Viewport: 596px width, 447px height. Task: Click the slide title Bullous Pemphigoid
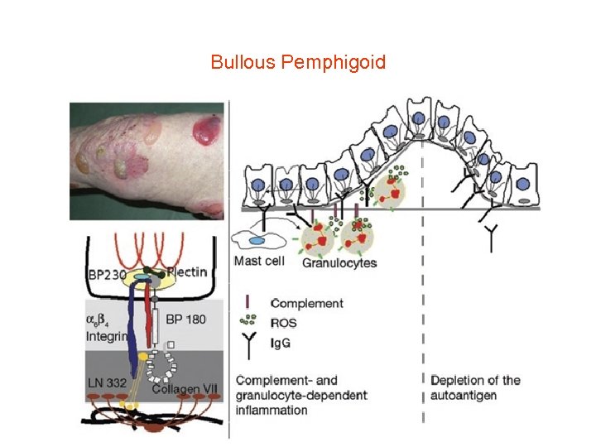(298, 62)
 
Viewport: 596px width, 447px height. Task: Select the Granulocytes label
(339, 263)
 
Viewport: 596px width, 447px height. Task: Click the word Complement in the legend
(307, 304)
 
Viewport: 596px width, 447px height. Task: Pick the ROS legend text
(283, 321)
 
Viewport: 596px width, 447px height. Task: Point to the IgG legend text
(281, 340)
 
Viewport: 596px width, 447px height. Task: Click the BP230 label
(107, 274)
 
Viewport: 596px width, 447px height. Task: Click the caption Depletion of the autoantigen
(475, 387)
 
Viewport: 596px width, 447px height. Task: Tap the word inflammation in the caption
(272, 410)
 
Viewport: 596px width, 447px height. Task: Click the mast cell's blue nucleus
(257, 240)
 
